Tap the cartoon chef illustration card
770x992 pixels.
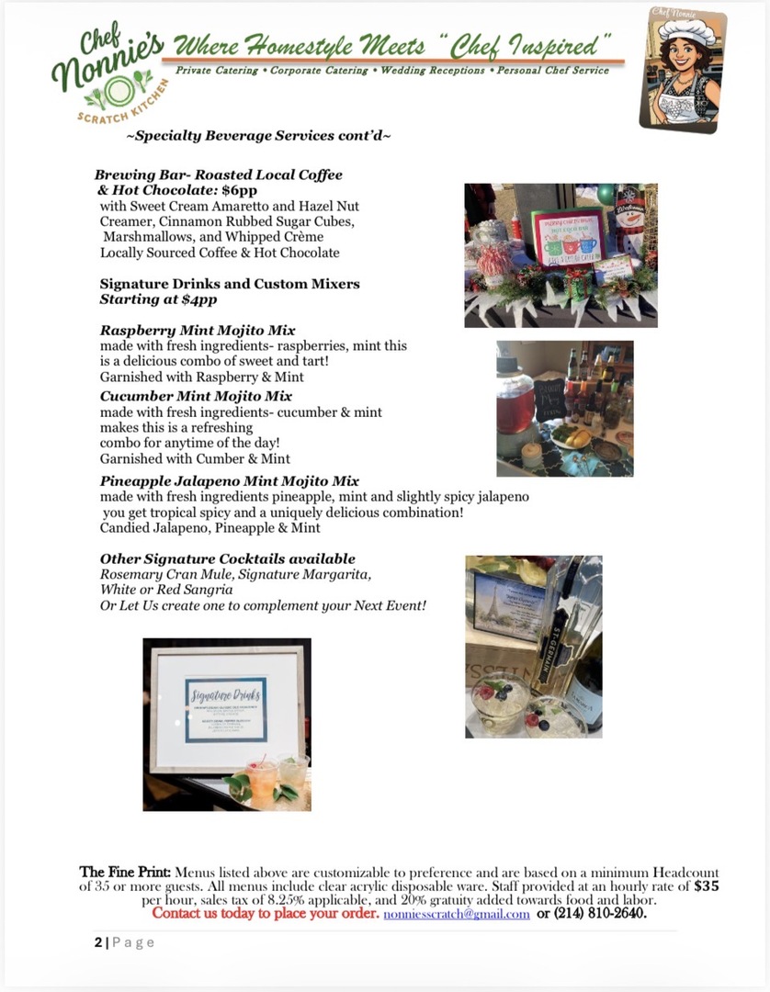click(x=682, y=72)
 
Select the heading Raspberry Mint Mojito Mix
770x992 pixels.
click(x=198, y=330)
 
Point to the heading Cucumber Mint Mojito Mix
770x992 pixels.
click(x=196, y=396)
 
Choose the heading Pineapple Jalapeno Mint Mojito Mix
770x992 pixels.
click(x=229, y=480)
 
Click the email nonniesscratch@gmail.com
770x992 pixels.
click(x=456, y=914)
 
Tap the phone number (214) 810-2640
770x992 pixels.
click(x=600, y=914)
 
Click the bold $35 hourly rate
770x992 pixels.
click(x=706, y=886)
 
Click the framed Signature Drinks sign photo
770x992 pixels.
click(x=226, y=724)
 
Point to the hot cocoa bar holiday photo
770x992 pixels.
click(x=561, y=255)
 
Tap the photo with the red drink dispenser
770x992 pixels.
click(x=564, y=408)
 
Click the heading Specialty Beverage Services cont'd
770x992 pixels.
click(x=258, y=136)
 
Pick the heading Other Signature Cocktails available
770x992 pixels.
click(x=227, y=558)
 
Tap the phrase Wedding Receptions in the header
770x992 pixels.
click(x=434, y=71)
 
